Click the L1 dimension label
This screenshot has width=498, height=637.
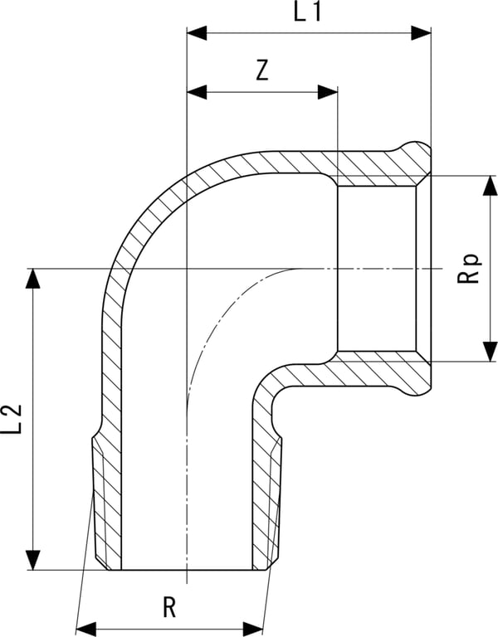[307, 12]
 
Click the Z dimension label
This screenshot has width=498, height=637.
[262, 71]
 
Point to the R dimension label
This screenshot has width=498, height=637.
[169, 607]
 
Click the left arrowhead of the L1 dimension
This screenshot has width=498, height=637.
[197, 33]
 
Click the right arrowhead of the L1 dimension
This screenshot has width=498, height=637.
[421, 33]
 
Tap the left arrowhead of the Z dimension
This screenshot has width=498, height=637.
[197, 93]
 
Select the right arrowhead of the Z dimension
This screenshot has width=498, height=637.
[328, 93]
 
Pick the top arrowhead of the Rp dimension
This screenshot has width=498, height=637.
[490, 186]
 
